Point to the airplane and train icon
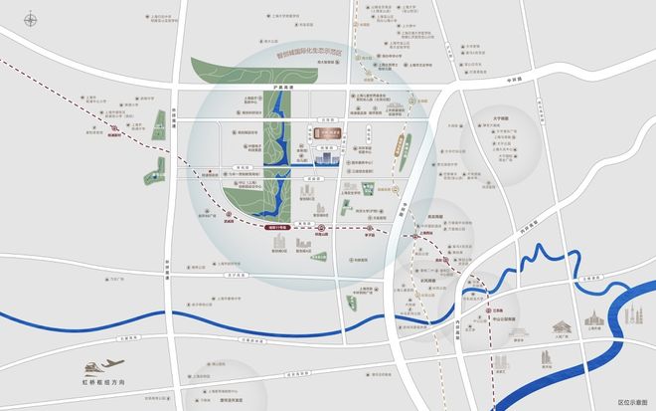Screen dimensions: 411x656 (x=103, y=368)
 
